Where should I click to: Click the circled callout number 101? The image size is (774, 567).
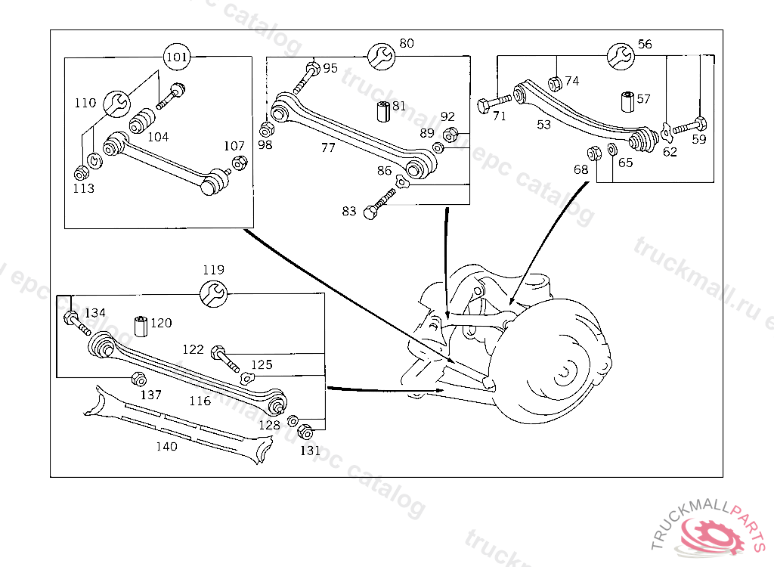tap(177, 57)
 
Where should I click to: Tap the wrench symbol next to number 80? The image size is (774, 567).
tap(380, 55)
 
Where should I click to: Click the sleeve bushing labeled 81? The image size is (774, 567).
tap(382, 111)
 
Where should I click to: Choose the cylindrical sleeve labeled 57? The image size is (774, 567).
tap(627, 101)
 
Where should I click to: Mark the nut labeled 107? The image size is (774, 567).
tap(239, 162)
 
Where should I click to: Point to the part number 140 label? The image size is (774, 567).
tap(166, 447)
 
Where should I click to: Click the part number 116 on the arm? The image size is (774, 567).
tap(200, 401)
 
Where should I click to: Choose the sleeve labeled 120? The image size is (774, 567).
tap(140, 327)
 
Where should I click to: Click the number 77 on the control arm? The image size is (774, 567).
tap(327, 148)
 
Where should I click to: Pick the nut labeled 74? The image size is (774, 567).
tap(554, 84)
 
